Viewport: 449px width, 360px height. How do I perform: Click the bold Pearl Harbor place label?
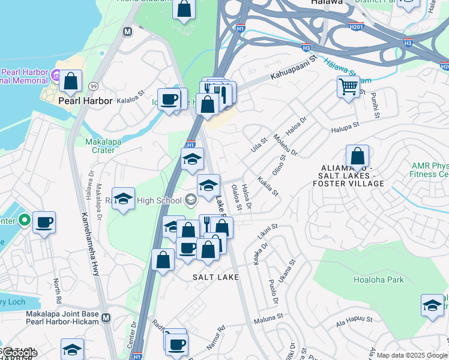85,101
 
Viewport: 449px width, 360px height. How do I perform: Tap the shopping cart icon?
348,87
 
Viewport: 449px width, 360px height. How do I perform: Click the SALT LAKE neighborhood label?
215,277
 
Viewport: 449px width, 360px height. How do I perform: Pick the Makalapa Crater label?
92,145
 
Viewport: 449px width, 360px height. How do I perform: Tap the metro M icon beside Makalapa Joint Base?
106,317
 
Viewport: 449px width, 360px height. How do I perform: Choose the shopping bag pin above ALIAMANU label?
357,158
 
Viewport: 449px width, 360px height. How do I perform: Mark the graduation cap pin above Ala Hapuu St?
432,305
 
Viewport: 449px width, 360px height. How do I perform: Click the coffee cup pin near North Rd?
44,223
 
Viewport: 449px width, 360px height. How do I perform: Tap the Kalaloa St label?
131,101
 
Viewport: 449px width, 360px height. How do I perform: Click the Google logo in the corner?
18,353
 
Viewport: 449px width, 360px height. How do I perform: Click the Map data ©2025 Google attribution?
412,355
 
